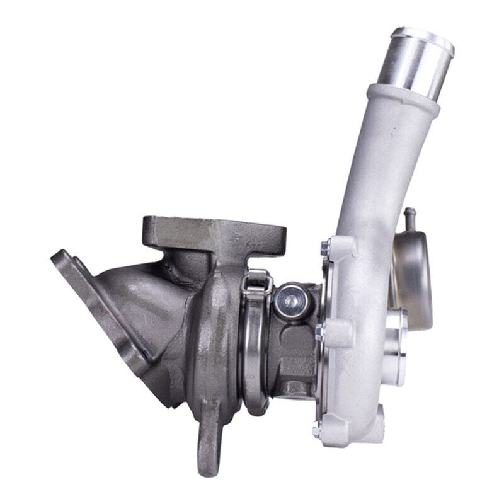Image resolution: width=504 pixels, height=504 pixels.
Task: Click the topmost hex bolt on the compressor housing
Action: point(325,249)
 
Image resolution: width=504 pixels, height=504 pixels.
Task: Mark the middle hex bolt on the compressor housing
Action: point(321,330)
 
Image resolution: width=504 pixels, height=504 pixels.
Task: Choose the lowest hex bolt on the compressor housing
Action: point(318,431)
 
